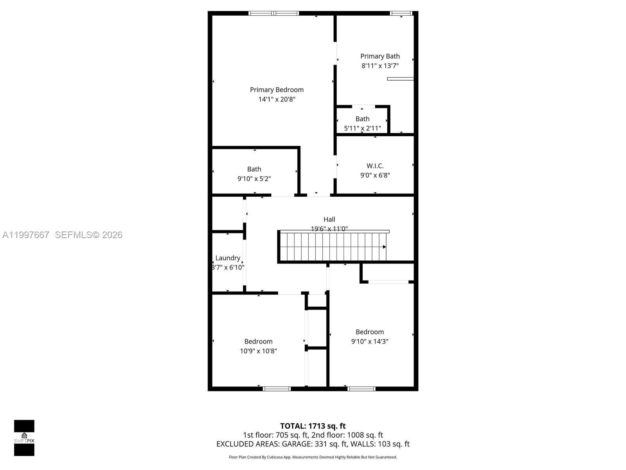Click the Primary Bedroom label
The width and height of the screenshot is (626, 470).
coord(277,90)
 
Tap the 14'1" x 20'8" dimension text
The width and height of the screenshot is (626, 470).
coord(277,99)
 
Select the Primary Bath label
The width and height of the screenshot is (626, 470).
coord(380,56)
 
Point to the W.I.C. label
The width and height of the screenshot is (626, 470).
coord(375,166)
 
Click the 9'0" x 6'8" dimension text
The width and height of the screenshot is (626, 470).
coord(375,175)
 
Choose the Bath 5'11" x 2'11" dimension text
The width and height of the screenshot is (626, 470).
coord(362,128)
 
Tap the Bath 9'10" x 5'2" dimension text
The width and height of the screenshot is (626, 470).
coord(254,179)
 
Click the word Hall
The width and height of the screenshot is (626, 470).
coord(329,219)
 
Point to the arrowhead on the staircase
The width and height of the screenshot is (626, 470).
coord(384,247)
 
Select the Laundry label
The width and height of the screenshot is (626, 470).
coord(228,258)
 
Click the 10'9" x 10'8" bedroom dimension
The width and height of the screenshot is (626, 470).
coord(258,351)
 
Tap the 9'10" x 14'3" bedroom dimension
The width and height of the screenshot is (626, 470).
coord(369,341)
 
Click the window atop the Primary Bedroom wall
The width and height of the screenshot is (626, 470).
coord(274,13)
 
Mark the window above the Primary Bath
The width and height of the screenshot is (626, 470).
coord(401,13)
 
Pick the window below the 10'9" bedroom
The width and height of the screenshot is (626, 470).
coord(277,389)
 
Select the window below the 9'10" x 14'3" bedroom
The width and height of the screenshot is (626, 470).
coord(361,389)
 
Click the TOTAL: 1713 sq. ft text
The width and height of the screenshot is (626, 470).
coord(313,426)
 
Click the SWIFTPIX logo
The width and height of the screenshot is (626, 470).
coord(24,438)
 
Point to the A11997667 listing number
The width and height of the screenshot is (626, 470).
coord(26,235)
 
